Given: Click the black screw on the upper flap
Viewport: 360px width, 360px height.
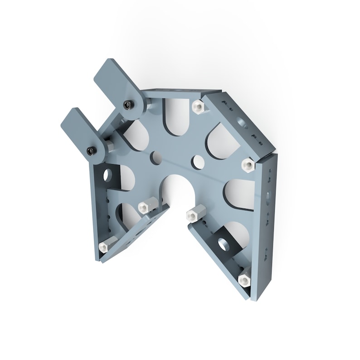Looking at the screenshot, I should click(128, 105).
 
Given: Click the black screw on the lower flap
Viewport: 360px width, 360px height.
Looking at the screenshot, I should click(92, 151).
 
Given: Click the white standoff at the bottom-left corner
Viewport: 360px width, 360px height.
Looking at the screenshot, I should click(104, 246).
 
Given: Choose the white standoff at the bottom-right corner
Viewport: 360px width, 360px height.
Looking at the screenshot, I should click(244, 279).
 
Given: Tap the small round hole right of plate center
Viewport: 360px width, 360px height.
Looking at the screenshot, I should click(198, 161).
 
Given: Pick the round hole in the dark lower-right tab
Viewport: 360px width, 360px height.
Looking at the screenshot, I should click(225, 244).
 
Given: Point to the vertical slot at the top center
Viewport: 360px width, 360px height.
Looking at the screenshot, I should click(174, 116).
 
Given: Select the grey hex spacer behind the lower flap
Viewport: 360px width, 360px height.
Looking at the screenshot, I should click(111, 147).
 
